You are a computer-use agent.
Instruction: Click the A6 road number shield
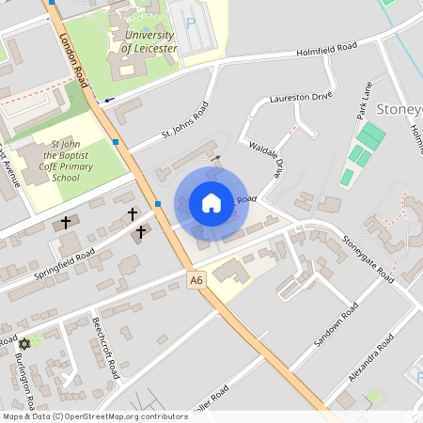(x=196, y=279)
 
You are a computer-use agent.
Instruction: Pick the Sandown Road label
(x=336, y=324)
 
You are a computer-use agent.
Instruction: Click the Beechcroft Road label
(x=106, y=346)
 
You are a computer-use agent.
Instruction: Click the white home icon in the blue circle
(x=211, y=203)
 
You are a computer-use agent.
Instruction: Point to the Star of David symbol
(x=25, y=343)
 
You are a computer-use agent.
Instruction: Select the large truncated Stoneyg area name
(x=399, y=111)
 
